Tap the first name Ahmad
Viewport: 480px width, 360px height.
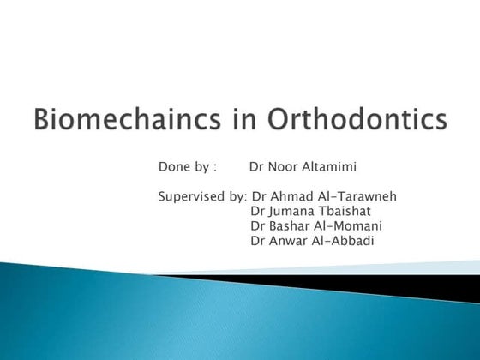click(290, 196)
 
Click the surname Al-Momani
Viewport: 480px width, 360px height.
click(351, 225)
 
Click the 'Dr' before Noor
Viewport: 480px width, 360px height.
click(257, 166)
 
